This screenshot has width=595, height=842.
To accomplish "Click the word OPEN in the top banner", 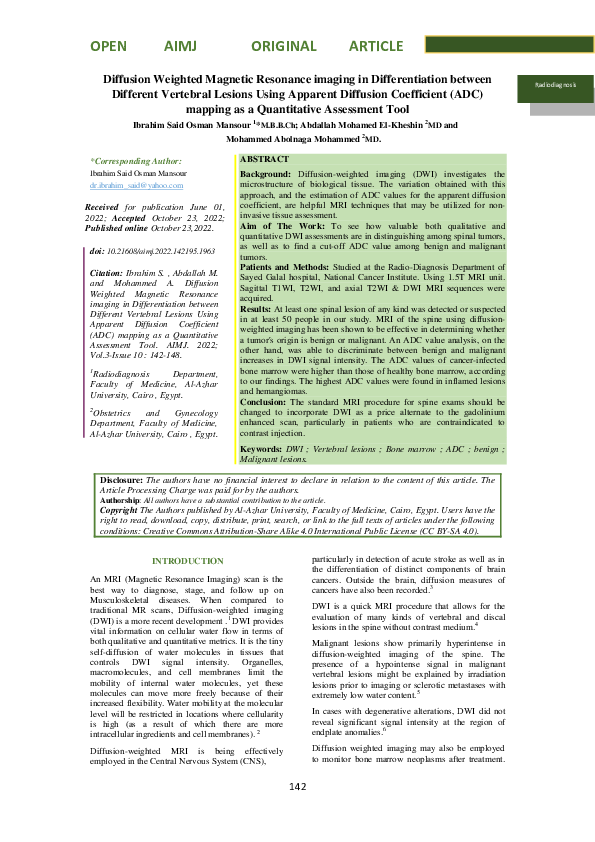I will click(108, 46).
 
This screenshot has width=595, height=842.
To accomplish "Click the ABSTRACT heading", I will click(265, 160).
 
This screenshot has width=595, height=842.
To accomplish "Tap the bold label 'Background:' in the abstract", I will click(265, 174).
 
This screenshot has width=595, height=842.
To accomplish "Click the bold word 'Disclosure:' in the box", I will click(122, 481).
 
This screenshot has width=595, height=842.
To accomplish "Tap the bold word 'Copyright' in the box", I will click(120, 510).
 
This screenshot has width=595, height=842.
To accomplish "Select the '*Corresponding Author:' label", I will click(137, 160).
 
